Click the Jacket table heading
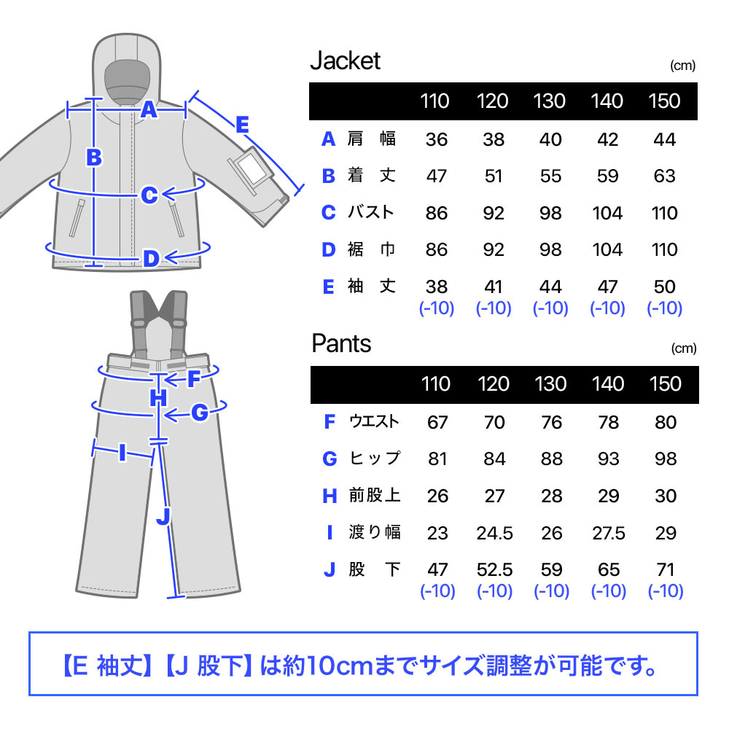tap(346, 61)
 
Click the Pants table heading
tap(341, 343)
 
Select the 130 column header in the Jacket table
tap(550, 101)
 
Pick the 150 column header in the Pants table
tap(666, 384)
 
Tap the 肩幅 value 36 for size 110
tap(437, 139)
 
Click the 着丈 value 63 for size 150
tap(664, 176)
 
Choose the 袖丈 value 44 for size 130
tap(550, 286)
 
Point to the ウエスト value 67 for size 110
tap(437, 423)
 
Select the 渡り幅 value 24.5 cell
tap(494, 534)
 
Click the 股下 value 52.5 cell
tap(494, 570)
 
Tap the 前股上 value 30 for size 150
tap(666, 496)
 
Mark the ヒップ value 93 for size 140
tap(609, 459)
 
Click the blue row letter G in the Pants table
tap(330, 459)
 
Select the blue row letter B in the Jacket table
tap(329, 176)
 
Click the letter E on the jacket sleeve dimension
tap(242, 125)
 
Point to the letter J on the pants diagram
tap(163, 516)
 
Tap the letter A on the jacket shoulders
tap(149, 110)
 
